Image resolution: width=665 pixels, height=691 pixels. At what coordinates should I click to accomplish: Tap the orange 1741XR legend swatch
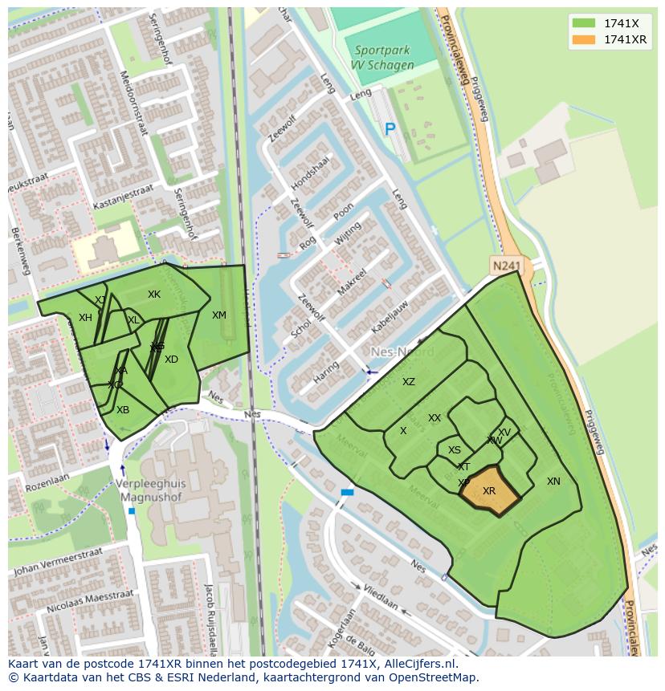coord(584,39)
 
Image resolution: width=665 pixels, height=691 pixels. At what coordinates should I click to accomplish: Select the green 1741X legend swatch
coord(584,23)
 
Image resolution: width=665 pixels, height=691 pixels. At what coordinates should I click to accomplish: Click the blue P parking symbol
coord(390,128)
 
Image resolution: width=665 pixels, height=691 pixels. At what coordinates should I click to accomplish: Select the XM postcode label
coord(219,315)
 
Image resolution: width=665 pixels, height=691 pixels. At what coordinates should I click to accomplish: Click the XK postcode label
coord(154,295)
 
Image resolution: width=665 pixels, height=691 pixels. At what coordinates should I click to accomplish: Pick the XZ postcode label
coord(409,382)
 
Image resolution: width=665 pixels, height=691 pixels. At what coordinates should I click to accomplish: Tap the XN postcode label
coord(553,482)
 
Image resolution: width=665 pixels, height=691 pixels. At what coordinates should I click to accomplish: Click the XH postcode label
coord(85,318)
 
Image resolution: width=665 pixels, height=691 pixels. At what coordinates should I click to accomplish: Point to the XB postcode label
coord(123,410)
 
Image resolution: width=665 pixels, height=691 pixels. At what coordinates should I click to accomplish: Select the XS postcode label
coord(455,450)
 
